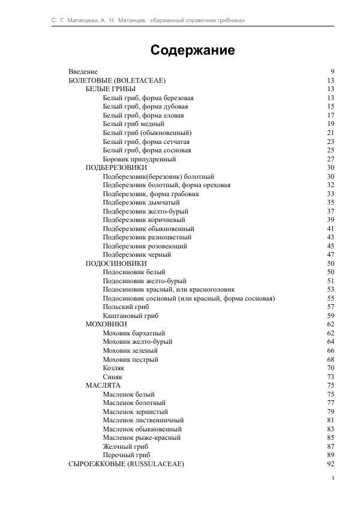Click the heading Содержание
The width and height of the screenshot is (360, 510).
point(192,50)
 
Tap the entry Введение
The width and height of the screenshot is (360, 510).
point(83,71)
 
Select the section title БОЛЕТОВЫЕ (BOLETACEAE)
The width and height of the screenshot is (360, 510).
point(117,80)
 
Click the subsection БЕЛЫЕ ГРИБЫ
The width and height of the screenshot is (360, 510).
point(110,89)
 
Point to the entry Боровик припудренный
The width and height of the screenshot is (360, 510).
point(139,159)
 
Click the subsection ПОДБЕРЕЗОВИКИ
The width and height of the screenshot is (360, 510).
point(116,167)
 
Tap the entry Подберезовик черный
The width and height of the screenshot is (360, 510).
point(137,254)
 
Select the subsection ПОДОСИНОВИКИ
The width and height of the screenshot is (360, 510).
point(116,263)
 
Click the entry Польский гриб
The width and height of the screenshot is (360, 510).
point(125,307)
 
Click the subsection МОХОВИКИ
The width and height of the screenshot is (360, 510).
point(106,324)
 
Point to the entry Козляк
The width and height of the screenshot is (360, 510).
point(113,368)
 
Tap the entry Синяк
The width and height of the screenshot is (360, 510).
point(112,377)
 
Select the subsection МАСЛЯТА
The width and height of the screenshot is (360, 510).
point(103,385)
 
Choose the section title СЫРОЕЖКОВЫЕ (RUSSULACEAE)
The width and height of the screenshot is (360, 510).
point(126,464)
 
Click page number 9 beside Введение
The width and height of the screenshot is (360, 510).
point(332,71)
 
